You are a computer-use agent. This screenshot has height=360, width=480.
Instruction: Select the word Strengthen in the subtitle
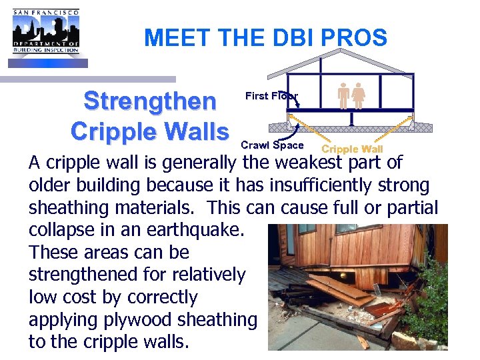point(150,101)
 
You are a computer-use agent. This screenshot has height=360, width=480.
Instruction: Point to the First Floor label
point(271,96)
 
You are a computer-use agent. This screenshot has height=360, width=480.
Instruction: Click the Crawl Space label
point(272,145)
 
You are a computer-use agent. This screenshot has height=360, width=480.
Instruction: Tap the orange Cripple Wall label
point(352,149)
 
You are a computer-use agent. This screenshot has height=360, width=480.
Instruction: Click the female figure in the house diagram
point(359,96)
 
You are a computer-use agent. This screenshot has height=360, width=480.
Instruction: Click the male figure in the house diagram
point(344,96)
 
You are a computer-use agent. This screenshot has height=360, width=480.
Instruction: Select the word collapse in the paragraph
point(61,230)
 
